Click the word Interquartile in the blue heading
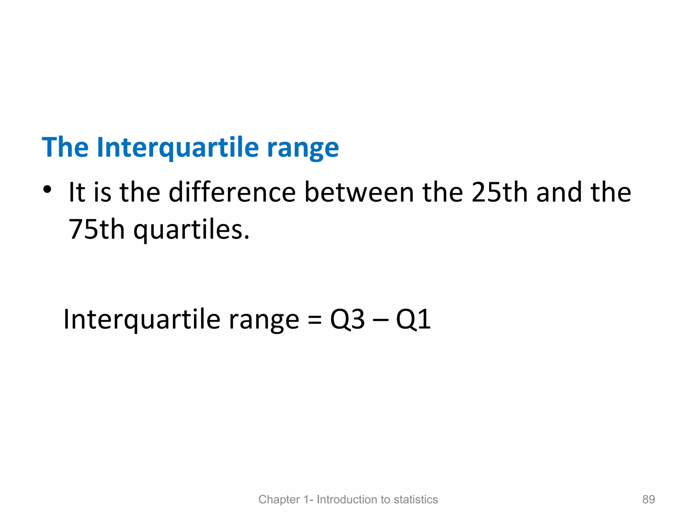pyautogui.click(x=178, y=147)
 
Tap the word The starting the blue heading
pyautogui.click(x=65, y=147)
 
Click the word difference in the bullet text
pyautogui.click(x=232, y=192)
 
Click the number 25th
pyautogui.click(x=499, y=192)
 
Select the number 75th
pyautogui.click(x=96, y=229)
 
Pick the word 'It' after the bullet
pyautogui.click(x=77, y=192)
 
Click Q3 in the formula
pyautogui.click(x=347, y=320)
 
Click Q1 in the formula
pyautogui.click(x=413, y=320)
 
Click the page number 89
pyautogui.click(x=648, y=499)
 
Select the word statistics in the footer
pyautogui.click(x=416, y=499)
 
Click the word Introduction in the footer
pyautogui.click(x=347, y=499)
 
